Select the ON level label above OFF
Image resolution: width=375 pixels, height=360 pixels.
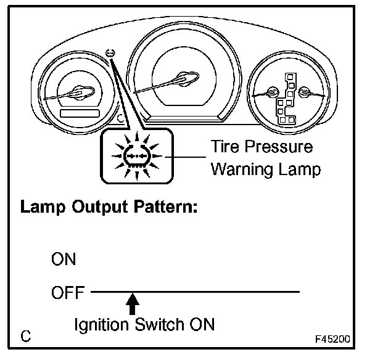(64, 259)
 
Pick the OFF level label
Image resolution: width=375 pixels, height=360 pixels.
(67, 293)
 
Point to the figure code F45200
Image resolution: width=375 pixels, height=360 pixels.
(334, 339)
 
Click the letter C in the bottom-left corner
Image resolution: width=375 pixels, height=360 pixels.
(26, 337)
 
